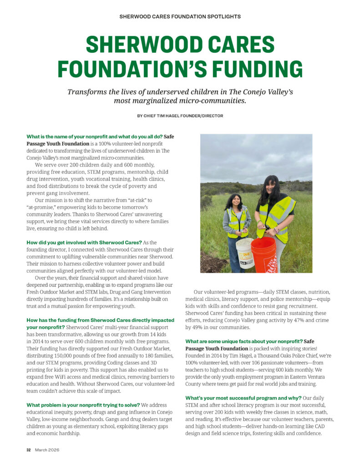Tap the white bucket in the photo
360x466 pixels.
[245, 253]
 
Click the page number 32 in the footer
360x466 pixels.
[28, 450]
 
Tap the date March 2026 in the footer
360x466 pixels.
[47, 450]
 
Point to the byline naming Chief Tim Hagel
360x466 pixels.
[180, 116]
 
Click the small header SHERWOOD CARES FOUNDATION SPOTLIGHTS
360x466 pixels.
[180, 17]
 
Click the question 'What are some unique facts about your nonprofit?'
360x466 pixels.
[244, 341]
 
